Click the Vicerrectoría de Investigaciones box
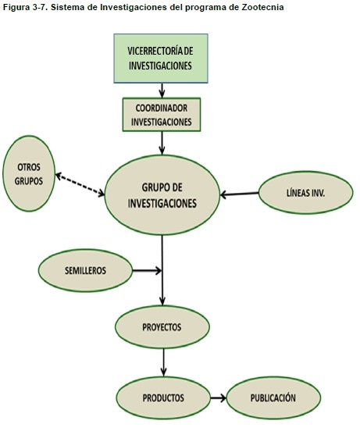pyautogui.click(x=161, y=59)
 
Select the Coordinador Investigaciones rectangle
pyautogui.click(x=162, y=115)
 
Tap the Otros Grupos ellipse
pyautogui.click(x=29, y=173)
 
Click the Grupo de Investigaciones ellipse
pyautogui.click(x=162, y=195)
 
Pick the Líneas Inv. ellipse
pyautogui.click(x=305, y=193)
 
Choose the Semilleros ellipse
pyautogui.click(x=85, y=270)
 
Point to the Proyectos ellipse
pyautogui.click(x=162, y=327)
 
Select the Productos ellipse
pyautogui.click(x=163, y=397)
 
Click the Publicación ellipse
pyautogui.click(x=273, y=397)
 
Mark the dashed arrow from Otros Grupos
pyautogui.click(x=80, y=184)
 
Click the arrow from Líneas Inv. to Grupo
pyautogui.click(x=240, y=194)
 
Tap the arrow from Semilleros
pyautogui.click(x=148, y=271)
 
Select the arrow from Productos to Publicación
pyautogui.click(x=218, y=397)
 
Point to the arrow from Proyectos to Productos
pyautogui.click(x=164, y=362)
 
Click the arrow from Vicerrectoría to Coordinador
pyautogui.click(x=162, y=91)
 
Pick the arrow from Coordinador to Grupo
pyautogui.click(x=162, y=143)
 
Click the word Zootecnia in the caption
pyautogui.click(x=262, y=7)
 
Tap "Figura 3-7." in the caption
pyautogui.click(x=25, y=8)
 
